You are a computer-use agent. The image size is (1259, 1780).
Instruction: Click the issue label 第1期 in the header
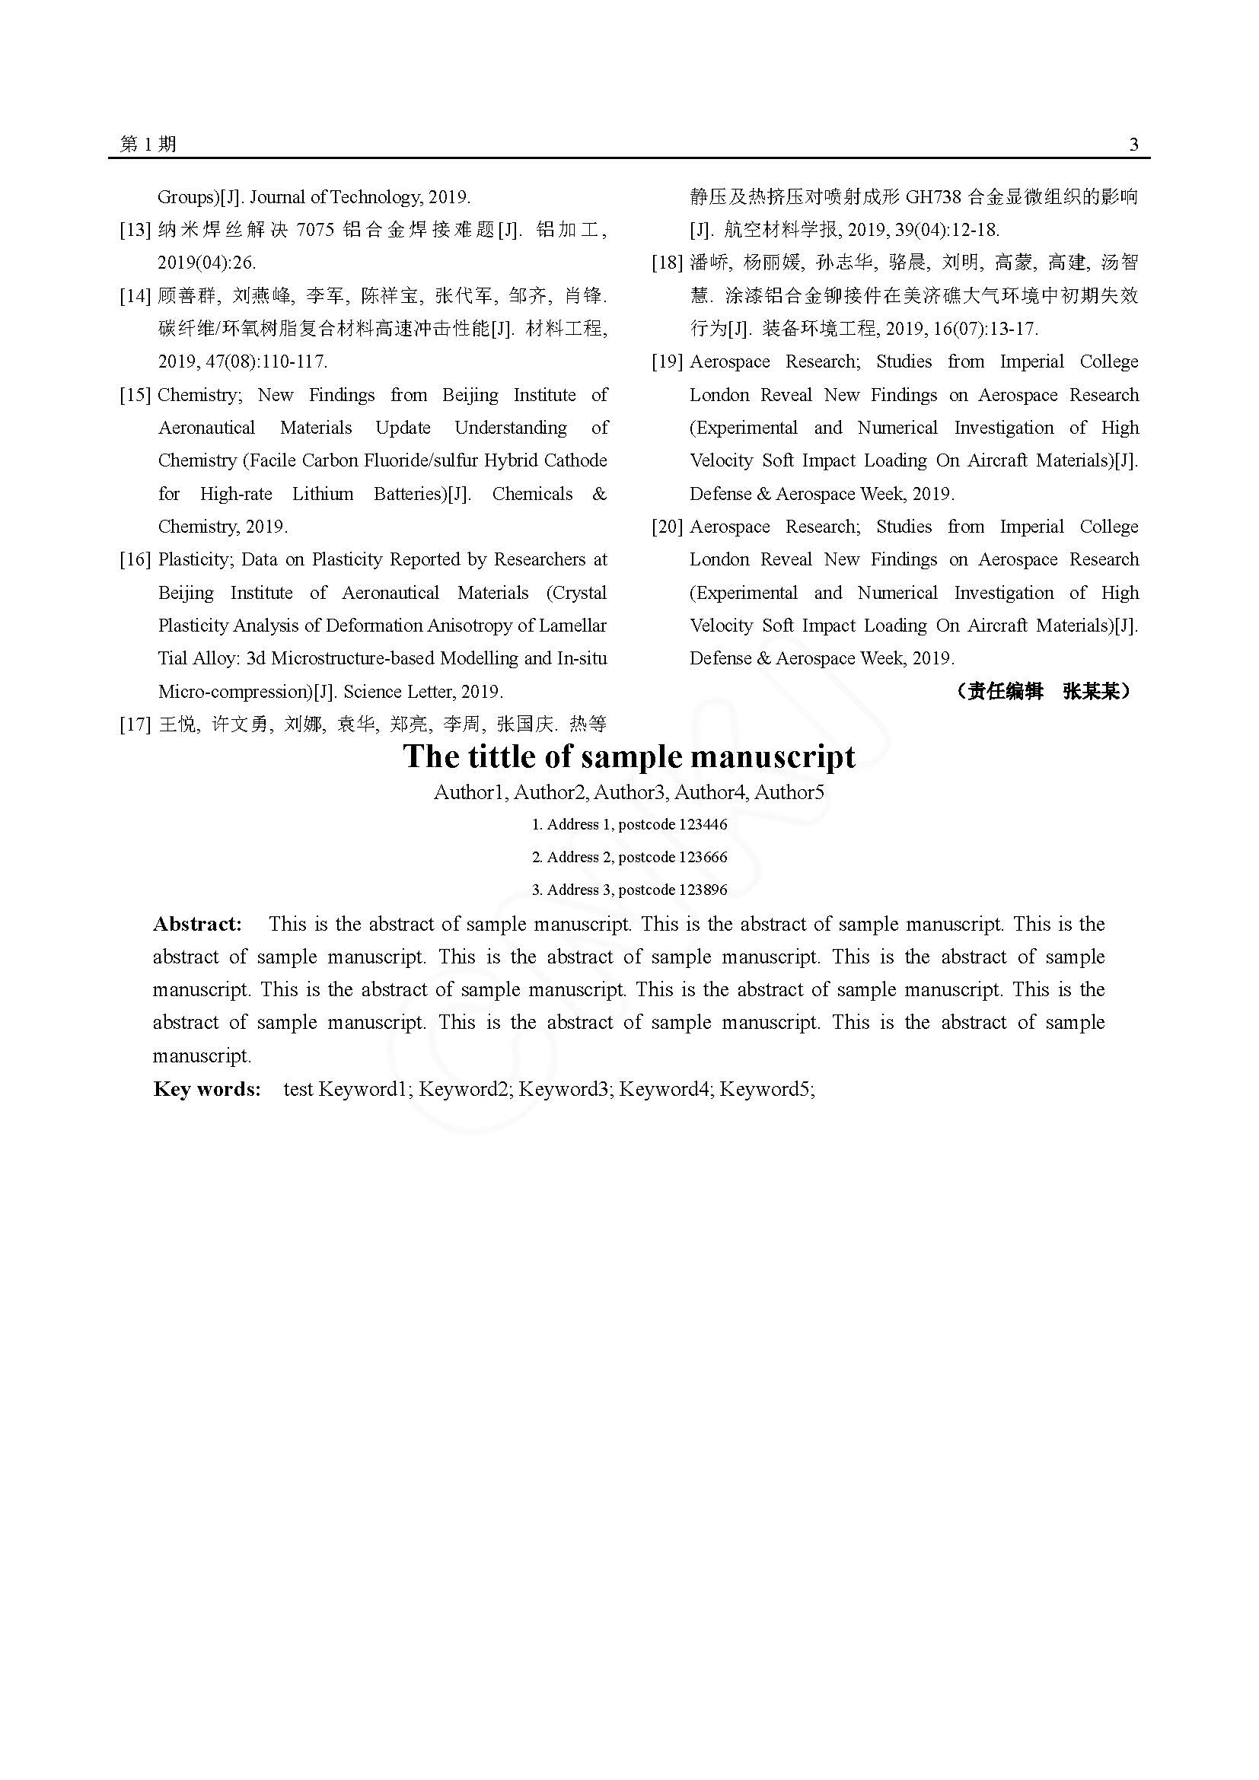[x=148, y=144]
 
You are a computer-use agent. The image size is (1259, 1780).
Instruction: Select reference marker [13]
[x=135, y=231]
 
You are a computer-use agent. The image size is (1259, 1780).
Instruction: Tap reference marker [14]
[x=135, y=296]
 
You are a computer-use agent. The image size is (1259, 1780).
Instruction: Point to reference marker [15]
[x=135, y=396]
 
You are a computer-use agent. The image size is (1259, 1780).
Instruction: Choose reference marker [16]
[x=135, y=560]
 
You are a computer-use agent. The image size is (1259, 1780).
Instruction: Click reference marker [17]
[x=135, y=725]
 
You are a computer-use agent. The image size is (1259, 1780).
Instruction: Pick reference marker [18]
[x=667, y=263]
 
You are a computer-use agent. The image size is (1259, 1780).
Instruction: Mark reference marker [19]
[x=667, y=362]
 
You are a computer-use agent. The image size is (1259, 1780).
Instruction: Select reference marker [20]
[x=667, y=527]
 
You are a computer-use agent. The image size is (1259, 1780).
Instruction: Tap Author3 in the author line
[x=630, y=792]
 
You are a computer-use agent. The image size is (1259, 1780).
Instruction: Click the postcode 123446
[x=703, y=825]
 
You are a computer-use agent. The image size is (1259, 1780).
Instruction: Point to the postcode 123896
[x=703, y=890]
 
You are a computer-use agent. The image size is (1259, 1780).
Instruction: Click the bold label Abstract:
[x=198, y=924]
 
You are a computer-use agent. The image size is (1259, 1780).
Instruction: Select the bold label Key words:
[x=207, y=1089]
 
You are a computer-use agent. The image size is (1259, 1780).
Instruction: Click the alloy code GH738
[x=933, y=197]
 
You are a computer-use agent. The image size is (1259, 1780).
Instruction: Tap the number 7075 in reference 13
[x=315, y=231]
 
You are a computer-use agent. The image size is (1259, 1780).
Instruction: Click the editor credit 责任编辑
[x=1004, y=692]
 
